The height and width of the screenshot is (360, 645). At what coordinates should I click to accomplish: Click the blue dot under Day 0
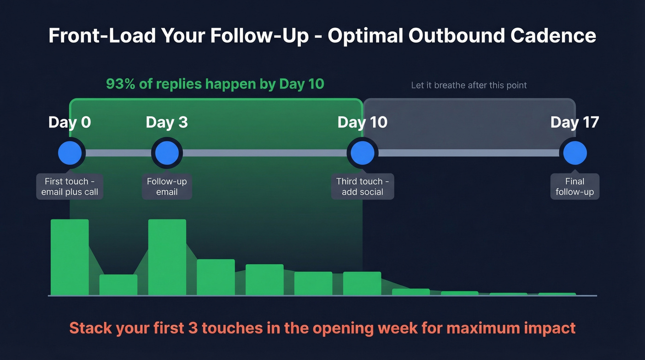[x=71, y=153]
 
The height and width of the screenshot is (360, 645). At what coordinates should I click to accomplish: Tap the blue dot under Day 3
[x=167, y=153]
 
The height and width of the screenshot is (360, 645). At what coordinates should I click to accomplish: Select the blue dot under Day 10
[x=362, y=153]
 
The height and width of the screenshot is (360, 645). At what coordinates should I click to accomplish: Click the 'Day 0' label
[x=70, y=122]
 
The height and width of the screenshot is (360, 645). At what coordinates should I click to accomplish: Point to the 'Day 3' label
[x=167, y=122]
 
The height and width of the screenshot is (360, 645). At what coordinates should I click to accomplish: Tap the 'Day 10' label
[x=362, y=122]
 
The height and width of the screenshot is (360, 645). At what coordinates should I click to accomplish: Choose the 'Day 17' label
[x=575, y=122]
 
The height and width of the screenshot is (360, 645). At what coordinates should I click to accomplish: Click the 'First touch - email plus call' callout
[x=70, y=187]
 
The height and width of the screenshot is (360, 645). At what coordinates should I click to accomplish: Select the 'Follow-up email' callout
[x=167, y=187]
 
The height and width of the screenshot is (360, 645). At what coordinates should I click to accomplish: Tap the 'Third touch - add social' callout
[x=363, y=187]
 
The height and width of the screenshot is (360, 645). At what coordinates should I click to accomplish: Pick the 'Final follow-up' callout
[x=575, y=187]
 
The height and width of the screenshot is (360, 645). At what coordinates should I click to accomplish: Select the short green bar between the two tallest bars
[x=118, y=285]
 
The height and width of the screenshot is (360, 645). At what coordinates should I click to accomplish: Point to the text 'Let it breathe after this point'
[x=469, y=85]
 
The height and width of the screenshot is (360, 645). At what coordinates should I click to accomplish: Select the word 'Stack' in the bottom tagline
[x=90, y=328]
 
